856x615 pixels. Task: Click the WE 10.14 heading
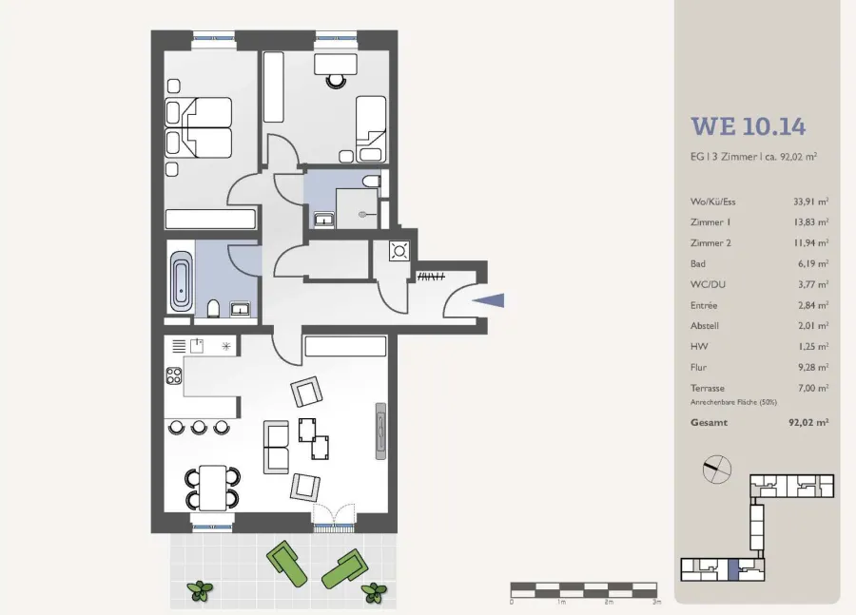pyautogui.click(x=748, y=126)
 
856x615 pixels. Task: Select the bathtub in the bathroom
pyautogui.click(x=181, y=281)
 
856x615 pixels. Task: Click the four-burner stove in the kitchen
pyautogui.click(x=174, y=375)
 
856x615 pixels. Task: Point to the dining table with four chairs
pyautogui.click(x=212, y=488)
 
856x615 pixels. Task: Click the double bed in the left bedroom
pyautogui.click(x=199, y=128)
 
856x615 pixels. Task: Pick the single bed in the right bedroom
pyautogui.click(x=371, y=128)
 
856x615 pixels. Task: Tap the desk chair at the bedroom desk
pyautogui.click(x=336, y=81)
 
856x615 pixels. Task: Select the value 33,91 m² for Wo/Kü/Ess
pyautogui.click(x=810, y=202)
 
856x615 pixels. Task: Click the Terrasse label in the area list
pyautogui.click(x=708, y=388)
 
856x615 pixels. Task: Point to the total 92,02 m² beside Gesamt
pyautogui.click(x=808, y=422)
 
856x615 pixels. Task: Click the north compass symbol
pyautogui.click(x=717, y=470)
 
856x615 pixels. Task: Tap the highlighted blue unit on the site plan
pyautogui.click(x=732, y=569)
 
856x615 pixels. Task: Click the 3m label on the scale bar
pyautogui.click(x=657, y=602)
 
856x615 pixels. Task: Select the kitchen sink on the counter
pyautogui.click(x=197, y=345)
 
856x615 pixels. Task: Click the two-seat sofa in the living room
pyautogui.click(x=276, y=447)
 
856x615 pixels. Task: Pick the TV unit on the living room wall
pyautogui.click(x=380, y=432)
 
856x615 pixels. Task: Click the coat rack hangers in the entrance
pyautogui.click(x=431, y=277)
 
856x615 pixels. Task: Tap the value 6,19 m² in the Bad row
pyautogui.click(x=813, y=263)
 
